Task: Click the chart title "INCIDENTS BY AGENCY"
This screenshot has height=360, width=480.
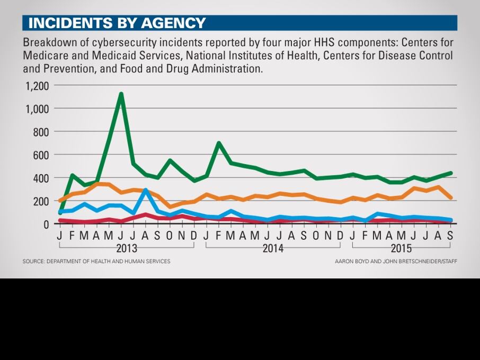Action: pyautogui.click(x=117, y=23)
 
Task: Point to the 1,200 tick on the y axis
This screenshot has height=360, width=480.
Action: pyautogui.click(x=37, y=86)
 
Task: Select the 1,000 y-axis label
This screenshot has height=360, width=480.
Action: pyautogui.click(x=37, y=109)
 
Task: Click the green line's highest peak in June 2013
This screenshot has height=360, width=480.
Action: pyautogui.click(x=121, y=94)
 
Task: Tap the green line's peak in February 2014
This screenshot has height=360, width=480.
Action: pyautogui.click(x=218, y=143)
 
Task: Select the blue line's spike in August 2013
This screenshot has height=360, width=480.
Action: pyautogui.click(x=145, y=190)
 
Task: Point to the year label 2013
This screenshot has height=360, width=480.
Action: pyautogui.click(x=126, y=248)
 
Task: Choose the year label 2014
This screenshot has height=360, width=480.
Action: pyautogui.click(x=273, y=248)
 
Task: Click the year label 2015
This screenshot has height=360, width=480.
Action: pyautogui.click(x=401, y=248)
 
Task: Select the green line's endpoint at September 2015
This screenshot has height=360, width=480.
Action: pyautogui.click(x=450, y=173)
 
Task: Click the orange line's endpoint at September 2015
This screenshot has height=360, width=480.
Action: pyautogui.click(x=450, y=197)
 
